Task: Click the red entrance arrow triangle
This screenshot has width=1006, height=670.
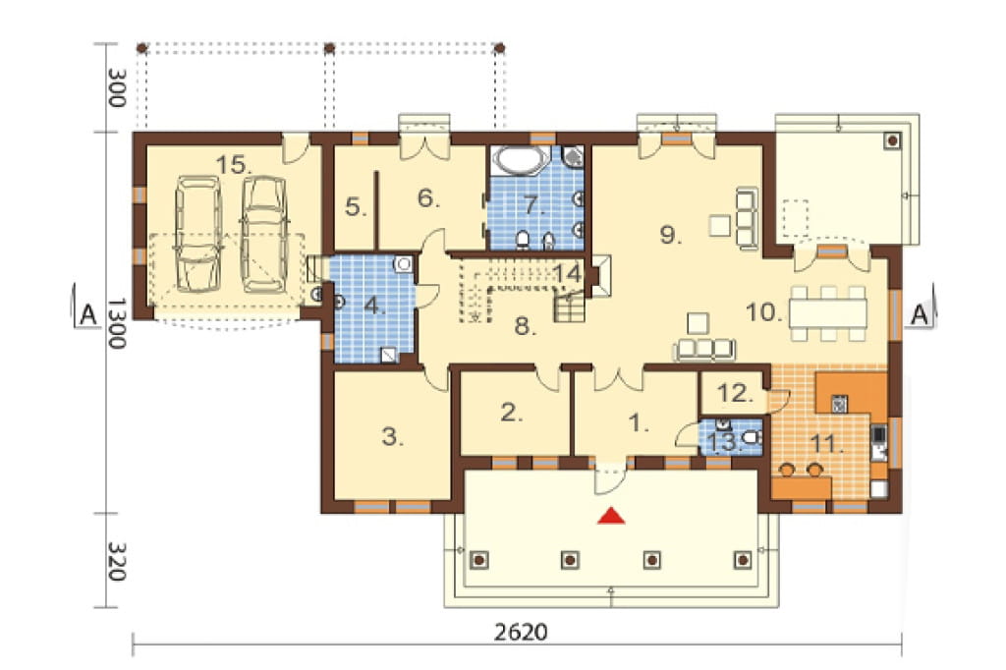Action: (x=611, y=516)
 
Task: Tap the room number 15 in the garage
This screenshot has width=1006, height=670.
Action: (x=233, y=165)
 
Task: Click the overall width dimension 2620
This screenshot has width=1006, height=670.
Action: (x=521, y=632)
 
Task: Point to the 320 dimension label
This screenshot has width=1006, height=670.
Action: (x=115, y=562)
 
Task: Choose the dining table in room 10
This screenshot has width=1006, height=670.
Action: (x=827, y=313)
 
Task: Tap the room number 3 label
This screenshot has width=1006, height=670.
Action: (x=393, y=438)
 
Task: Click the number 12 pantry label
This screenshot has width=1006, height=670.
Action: (x=735, y=393)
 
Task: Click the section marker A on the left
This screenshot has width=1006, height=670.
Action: (x=87, y=314)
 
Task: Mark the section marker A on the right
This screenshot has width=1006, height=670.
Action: (x=920, y=314)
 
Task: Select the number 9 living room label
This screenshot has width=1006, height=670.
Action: (x=670, y=235)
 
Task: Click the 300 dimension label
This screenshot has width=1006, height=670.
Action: (x=115, y=87)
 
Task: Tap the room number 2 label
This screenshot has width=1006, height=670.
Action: (x=511, y=413)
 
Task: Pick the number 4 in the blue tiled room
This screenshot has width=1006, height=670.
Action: (x=374, y=306)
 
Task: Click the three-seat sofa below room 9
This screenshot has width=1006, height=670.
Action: (x=703, y=349)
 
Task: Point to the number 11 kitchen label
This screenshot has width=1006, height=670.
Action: (x=825, y=443)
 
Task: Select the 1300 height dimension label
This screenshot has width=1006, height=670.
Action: (x=115, y=323)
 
